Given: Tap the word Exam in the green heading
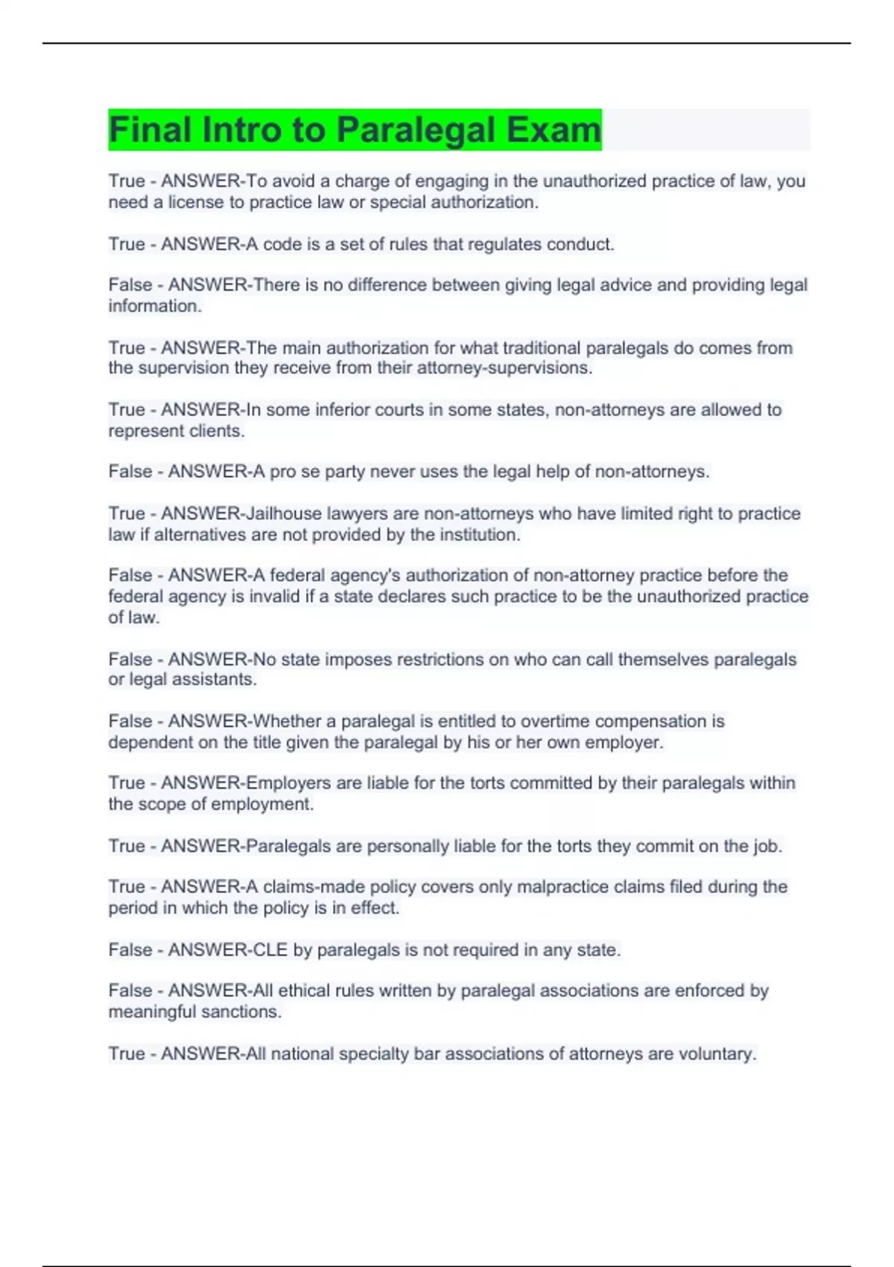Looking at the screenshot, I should (554, 130).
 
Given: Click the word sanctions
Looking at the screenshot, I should (243, 1011).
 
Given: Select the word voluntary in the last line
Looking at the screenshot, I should (717, 1054).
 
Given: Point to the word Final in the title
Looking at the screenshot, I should (150, 130).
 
